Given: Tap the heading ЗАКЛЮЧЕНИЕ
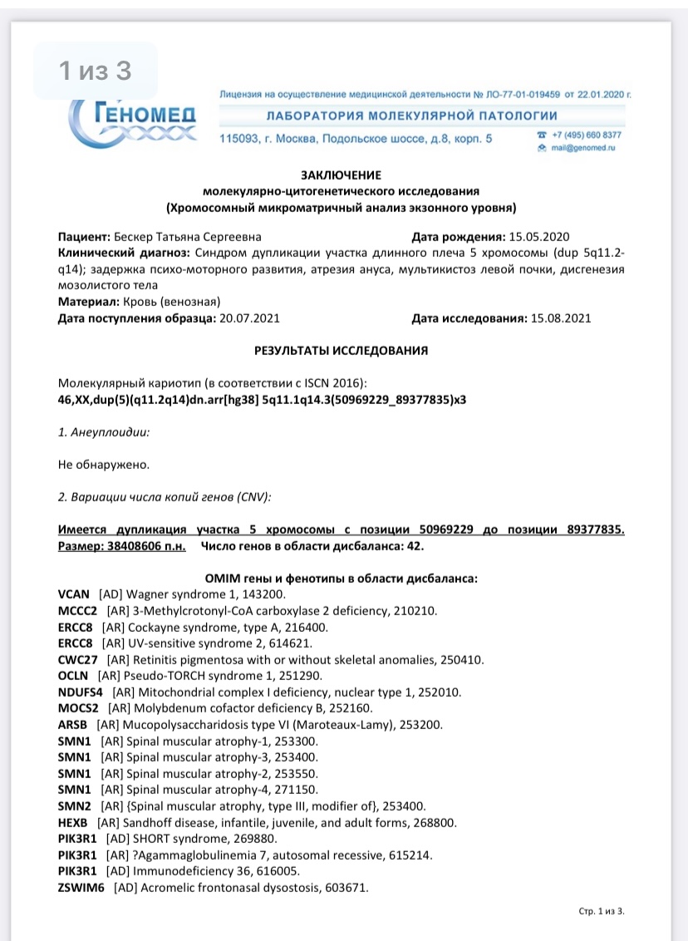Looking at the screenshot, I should tap(341, 175).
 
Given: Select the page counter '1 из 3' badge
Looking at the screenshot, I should tap(95, 71).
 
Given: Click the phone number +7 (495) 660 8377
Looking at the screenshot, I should tap(587, 135).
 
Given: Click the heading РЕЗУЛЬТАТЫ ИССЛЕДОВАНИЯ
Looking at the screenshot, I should tap(341, 351).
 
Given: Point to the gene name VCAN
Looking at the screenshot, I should tap(75, 594).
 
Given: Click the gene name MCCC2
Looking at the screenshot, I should tap(79, 610).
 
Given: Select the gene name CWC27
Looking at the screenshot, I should tap(79, 659).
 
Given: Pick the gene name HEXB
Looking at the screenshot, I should tap(75, 822).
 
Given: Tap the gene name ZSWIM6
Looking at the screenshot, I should tap(81, 887).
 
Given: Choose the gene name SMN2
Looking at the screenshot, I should tap(75, 806).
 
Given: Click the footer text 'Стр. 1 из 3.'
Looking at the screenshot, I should tap(601, 911).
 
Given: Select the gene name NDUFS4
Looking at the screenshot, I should tap(81, 692).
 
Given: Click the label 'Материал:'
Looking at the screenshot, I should tap(88, 301).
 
